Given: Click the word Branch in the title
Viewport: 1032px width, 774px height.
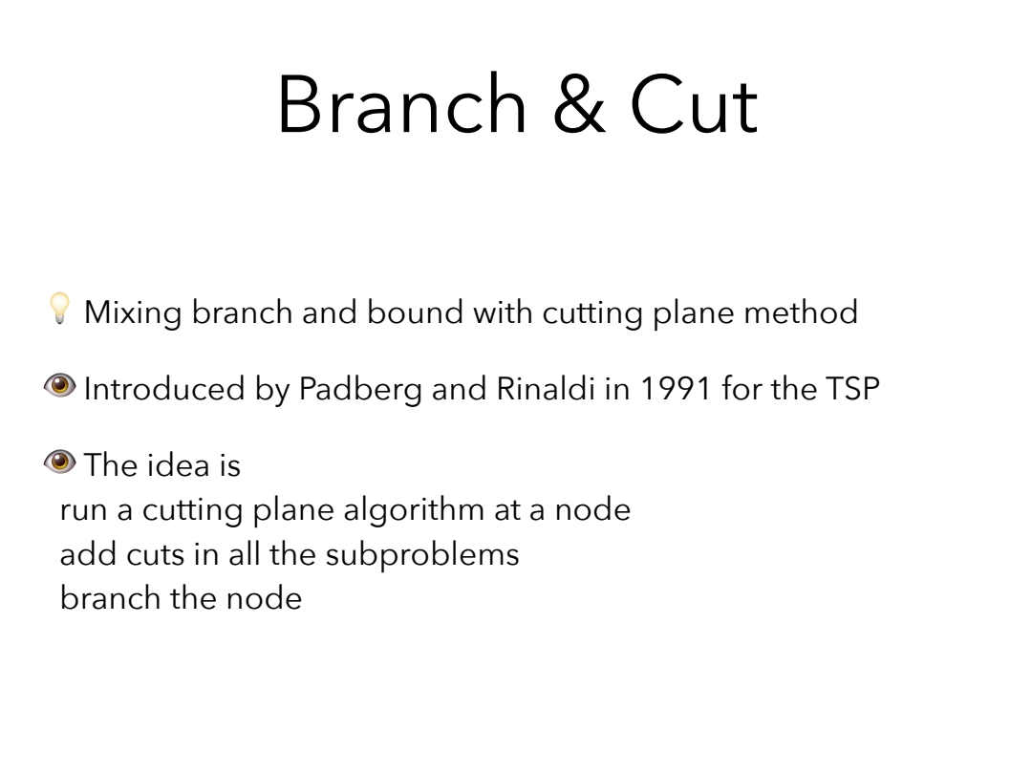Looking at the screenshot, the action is (x=402, y=105).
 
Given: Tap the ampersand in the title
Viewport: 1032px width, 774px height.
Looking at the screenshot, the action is (x=579, y=105).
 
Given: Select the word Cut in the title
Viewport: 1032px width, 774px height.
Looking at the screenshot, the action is (x=694, y=105).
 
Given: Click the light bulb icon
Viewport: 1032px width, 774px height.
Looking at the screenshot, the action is (x=59, y=308).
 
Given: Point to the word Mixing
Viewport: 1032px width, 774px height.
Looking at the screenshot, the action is (x=133, y=312).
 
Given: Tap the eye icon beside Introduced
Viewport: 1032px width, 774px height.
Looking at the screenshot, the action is (x=60, y=386).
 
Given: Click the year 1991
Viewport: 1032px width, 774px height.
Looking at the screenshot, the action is (x=676, y=388).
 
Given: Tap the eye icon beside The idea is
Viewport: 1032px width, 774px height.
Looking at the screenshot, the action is (x=60, y=462).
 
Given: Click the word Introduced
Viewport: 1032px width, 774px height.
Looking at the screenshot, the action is (x=164, y=388).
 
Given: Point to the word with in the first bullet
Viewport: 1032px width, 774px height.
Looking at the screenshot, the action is (x=503, y=312).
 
